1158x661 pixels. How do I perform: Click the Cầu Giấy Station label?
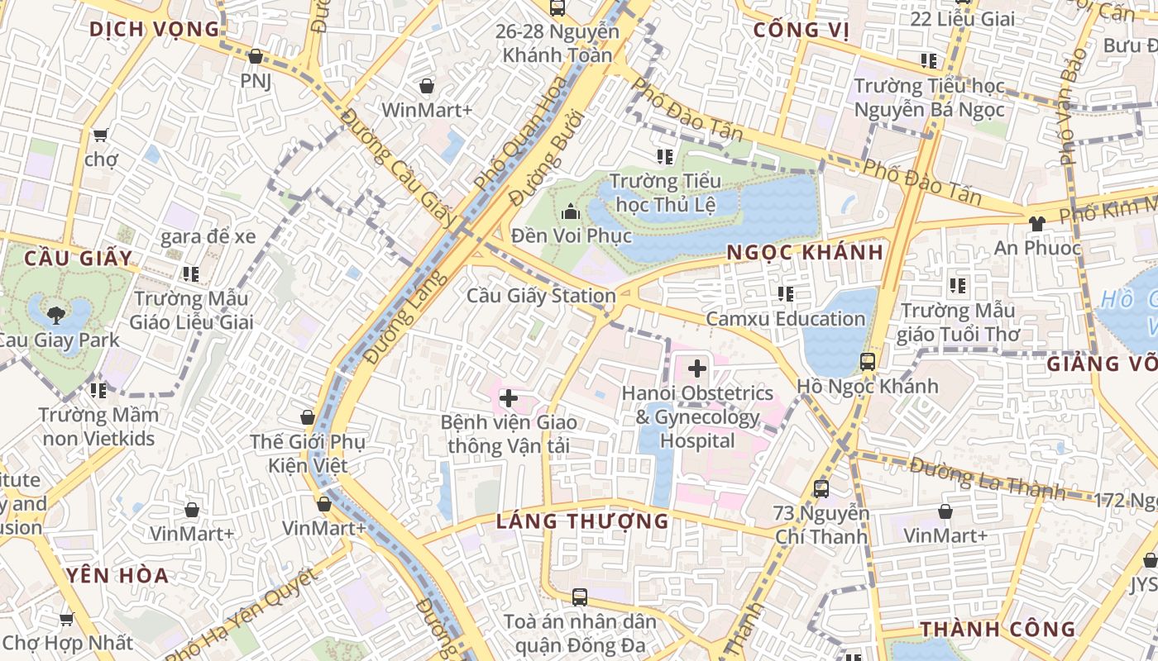click(x=541, y=296)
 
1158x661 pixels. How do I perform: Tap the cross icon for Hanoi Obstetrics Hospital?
click(x=697, y=368)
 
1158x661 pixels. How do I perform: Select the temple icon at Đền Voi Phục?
click(x=570, y=212)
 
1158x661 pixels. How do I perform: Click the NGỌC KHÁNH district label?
click(x=806, y=253)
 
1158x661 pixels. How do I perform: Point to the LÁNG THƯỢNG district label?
click(x=582, y=521)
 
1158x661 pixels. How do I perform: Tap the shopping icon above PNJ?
click(x=256, y=56)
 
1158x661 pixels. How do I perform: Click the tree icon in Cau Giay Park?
click(x=56, y=315)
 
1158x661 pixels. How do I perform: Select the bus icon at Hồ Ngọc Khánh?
click(x=867, y=361)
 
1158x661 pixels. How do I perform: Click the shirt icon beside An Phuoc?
click(x=1036, y=222)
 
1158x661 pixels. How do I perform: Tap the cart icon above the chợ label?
click(x=101, y=135)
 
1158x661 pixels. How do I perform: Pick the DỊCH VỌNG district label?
click(x=155, y=30)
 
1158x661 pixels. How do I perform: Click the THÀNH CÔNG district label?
click(x=998, y=630)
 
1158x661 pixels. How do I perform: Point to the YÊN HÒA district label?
click(x=117, y=576)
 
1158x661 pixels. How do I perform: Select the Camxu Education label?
click(x=785, y=319)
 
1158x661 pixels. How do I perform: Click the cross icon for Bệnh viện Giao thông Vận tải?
click(x=508, y=398)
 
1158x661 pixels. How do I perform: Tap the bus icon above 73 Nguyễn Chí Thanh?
click(x=821, y=488)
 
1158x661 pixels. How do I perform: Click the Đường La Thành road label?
click(x=987, y=478)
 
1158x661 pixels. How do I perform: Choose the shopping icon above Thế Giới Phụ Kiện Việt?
click(x=308, y=417)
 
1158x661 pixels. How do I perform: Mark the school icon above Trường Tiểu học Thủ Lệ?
click(x=664, y=156)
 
